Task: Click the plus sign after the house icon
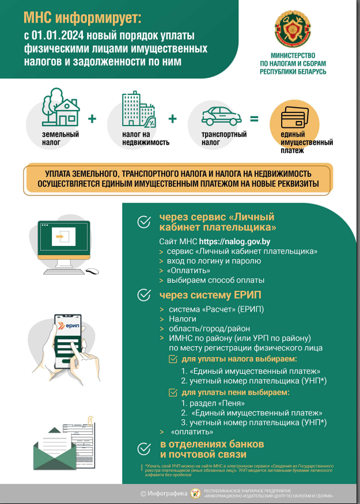92,119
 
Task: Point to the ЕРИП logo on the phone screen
70,327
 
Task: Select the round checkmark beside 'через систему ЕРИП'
144,295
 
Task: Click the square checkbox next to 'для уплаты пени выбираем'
172,392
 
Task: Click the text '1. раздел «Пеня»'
213,403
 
